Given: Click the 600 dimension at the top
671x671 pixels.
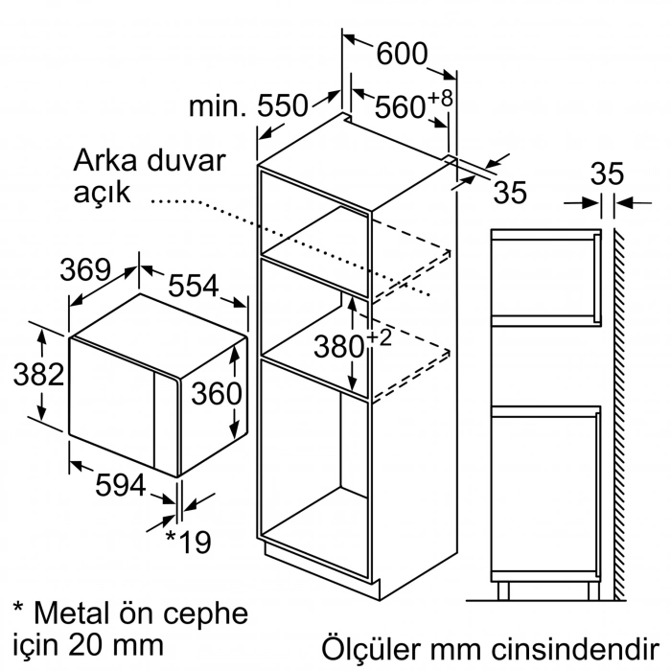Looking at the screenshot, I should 401,54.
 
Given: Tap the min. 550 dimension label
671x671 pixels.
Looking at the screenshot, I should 247,105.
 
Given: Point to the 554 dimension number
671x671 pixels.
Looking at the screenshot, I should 196,285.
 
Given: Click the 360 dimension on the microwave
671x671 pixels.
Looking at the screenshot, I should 216,393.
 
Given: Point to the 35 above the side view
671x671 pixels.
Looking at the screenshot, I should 606,174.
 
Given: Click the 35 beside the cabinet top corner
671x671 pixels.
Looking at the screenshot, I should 511,192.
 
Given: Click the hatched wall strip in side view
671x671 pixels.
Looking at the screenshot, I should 620,412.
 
